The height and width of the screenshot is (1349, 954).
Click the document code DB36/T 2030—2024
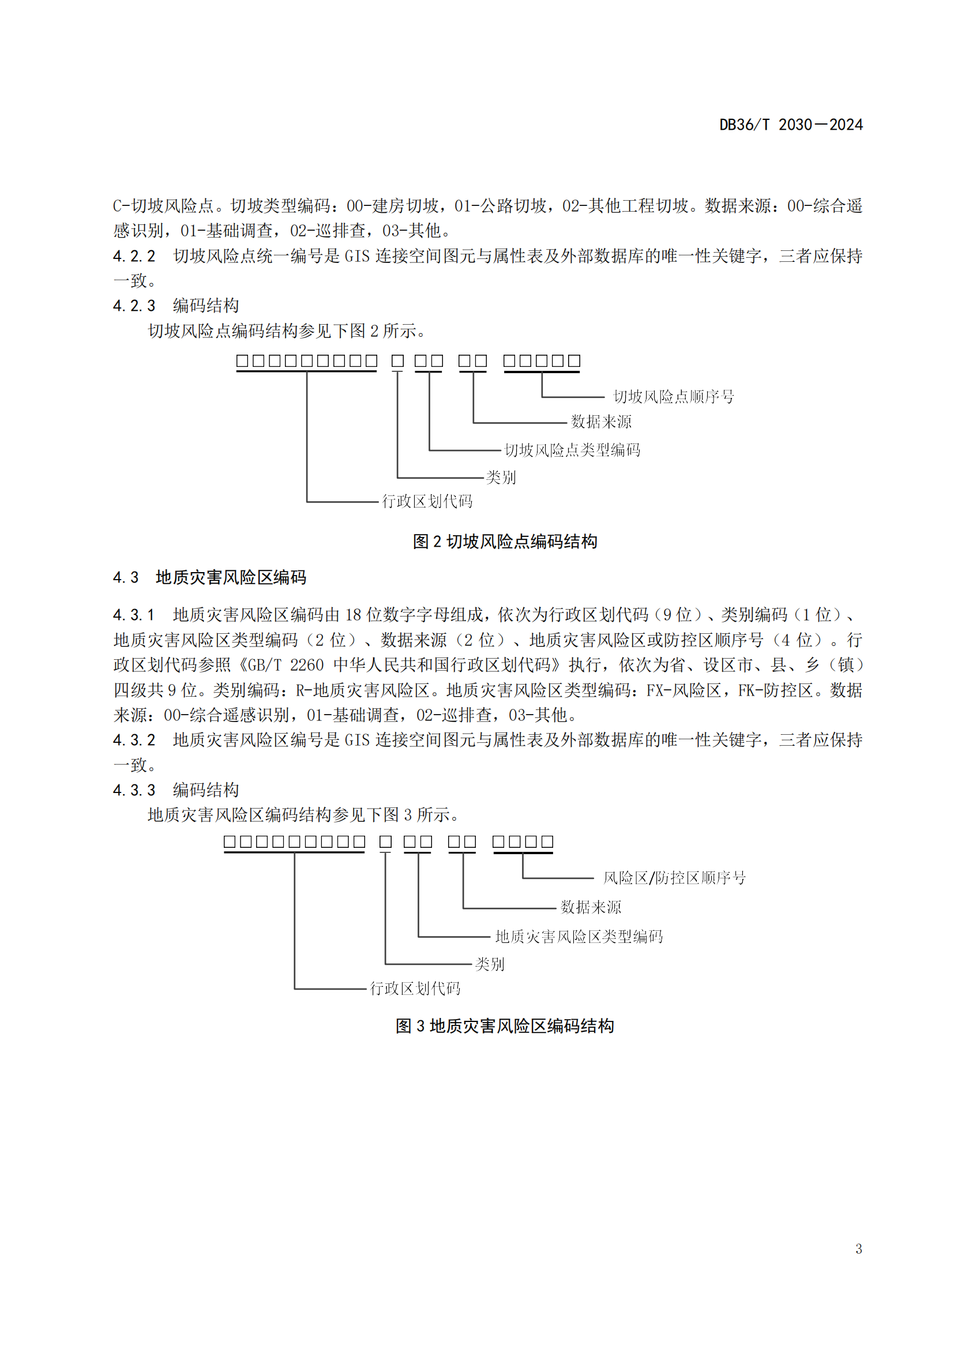click(x=791, y=125)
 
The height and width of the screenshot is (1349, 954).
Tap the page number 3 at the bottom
click(x=859, y=1249)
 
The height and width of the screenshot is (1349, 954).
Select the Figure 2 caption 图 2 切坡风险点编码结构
click(x=505, y=541)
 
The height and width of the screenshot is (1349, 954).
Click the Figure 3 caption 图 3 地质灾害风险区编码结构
click(x=505, y=1026)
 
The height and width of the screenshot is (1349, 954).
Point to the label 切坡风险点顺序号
click(x=673, y=397)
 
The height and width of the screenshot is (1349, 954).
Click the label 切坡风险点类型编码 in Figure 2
click(x=572, y=450)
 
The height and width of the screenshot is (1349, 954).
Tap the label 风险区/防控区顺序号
click(x=674, y=878)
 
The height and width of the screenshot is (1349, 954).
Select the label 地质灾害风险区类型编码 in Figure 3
click(x=579, y=937)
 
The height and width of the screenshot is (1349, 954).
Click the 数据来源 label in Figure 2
click(x=601, y=421)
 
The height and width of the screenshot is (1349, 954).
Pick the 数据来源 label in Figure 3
click(x=591, y=907)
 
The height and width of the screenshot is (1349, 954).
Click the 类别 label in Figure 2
click(x=501, y=477)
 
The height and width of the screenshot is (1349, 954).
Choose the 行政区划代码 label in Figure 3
click(x=415, y=989)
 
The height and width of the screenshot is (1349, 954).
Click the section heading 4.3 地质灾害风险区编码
click(x=210, y=577)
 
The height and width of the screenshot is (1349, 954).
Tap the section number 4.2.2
click(x=134, y=256)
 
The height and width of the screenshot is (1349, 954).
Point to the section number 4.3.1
click(x=134, y=615)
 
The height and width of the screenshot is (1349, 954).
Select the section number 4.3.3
click(x=134, y=790)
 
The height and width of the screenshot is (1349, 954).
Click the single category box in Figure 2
click(x=398, y=360)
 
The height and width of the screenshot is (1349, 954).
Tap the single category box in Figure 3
click(x=385, y=841)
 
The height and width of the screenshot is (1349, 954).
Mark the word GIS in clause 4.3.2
click(x=356, y=740)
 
